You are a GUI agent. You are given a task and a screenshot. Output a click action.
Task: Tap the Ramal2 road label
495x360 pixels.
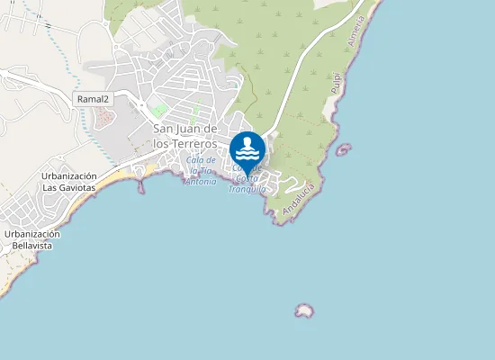(92, 98)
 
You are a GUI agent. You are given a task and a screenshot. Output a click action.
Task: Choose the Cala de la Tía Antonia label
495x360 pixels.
(201, 170)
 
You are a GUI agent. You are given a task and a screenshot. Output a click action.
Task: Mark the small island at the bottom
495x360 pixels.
(304, 310)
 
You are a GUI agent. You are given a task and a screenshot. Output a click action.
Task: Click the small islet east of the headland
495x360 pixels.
(343, 149)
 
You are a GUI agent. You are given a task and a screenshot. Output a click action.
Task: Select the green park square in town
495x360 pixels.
(159, 110)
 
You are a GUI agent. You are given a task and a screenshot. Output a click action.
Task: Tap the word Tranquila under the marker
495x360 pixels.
(247, 189)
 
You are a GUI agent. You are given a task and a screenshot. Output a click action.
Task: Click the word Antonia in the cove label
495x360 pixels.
(200, 181)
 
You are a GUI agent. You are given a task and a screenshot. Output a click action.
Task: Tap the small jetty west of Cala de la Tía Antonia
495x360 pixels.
(140, 186)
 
